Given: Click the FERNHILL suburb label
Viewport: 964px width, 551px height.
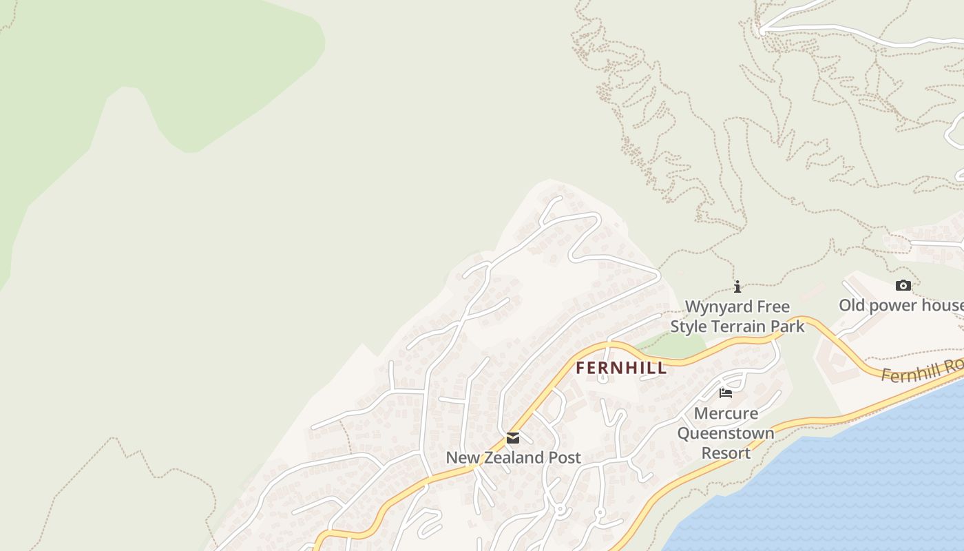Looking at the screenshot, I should click(621, 368).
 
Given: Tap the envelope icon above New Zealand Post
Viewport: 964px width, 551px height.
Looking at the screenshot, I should click(513, 438).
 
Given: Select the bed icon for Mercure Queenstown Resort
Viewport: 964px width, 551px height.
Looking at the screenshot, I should click(726, 393).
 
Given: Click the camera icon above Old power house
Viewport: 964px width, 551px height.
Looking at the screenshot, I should click(903, 285).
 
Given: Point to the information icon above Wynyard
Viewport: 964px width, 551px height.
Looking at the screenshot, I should click(737, 287).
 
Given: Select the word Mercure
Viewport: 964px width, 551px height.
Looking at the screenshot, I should click(726, 414).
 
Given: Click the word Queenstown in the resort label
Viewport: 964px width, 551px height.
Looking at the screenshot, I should click(726, 434).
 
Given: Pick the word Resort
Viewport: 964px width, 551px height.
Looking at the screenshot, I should click(726, 453).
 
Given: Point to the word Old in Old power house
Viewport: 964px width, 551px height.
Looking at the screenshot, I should click(851, 305).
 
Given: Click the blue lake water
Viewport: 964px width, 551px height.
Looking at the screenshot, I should click(861, 482).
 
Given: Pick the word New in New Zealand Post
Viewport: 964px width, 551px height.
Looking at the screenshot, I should click(461, 457).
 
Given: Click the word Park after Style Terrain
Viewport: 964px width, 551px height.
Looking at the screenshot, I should click(787, 326).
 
